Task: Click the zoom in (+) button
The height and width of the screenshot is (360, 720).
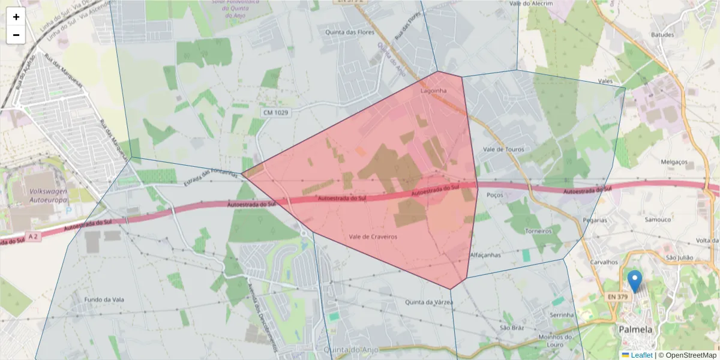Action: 16,17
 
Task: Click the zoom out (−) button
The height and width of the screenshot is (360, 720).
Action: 16,35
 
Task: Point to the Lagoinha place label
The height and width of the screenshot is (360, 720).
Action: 434,91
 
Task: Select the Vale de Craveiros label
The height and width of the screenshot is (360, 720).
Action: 373,237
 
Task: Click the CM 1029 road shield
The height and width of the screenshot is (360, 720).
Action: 275,112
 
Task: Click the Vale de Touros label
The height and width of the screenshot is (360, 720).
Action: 503,149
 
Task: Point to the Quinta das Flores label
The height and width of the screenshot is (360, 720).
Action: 350,32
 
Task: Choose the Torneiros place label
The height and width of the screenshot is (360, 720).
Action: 538,231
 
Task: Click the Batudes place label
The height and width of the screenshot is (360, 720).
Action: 662,35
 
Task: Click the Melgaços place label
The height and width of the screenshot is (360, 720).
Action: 673,162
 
